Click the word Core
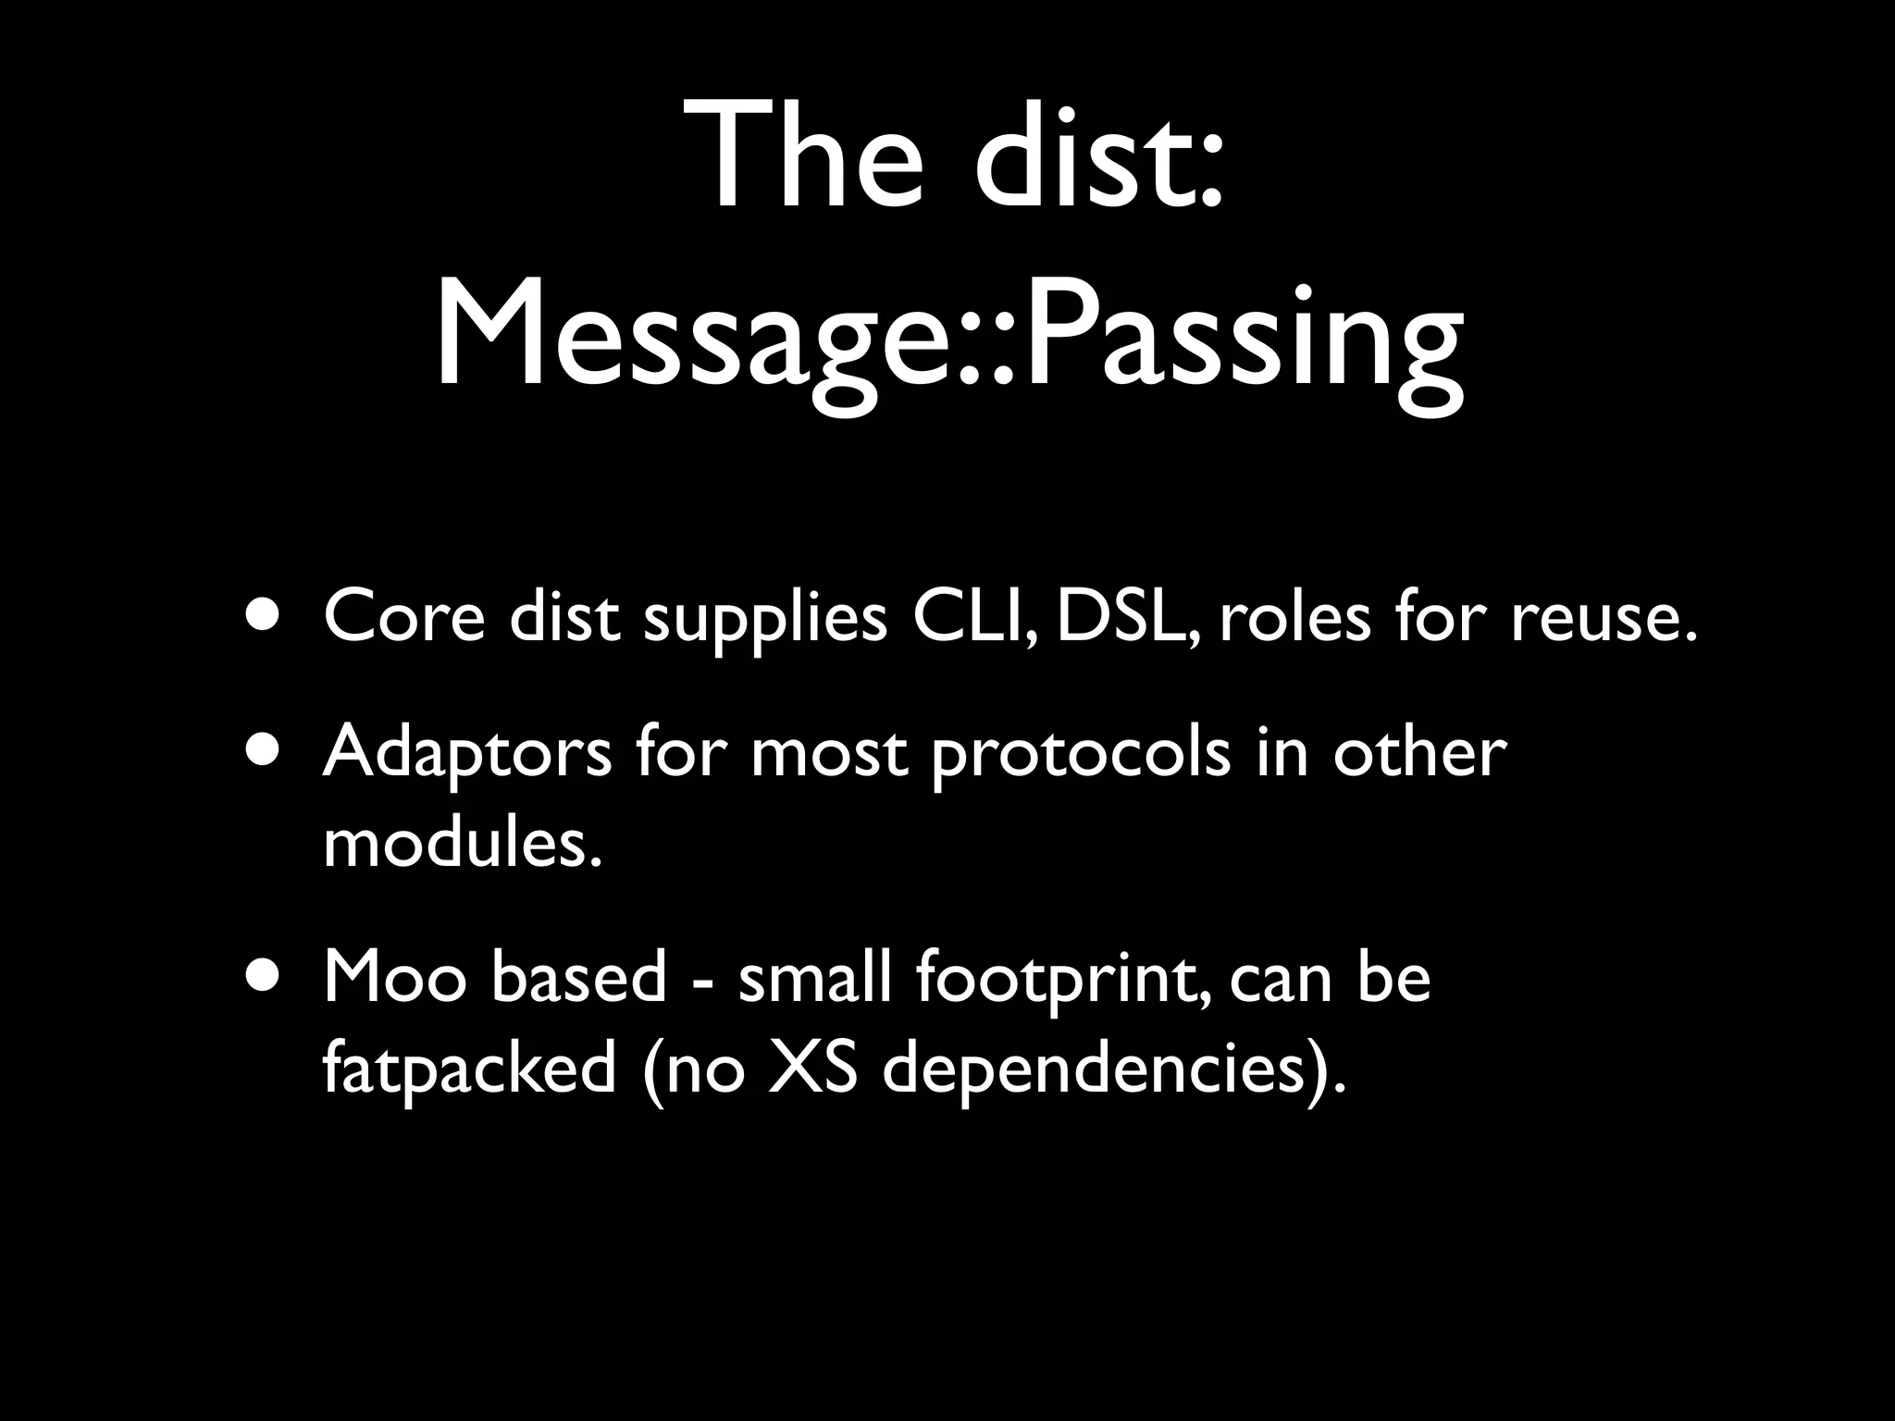click(403, 617)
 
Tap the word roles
click(1294, 617)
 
